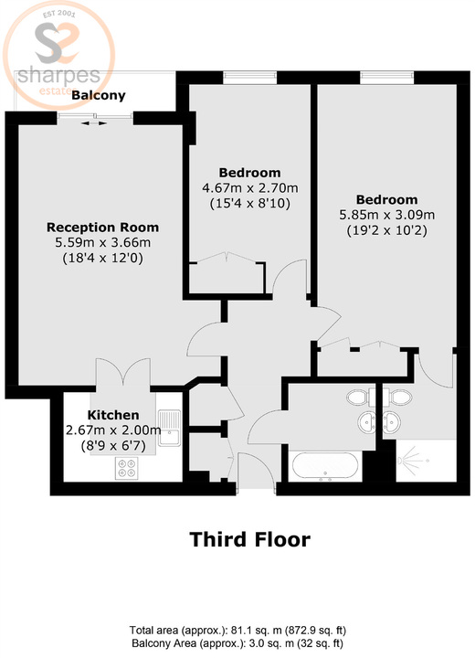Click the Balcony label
pyautogui.click(x=100, y=94)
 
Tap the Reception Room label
pyautogui.click(x=102, y=227)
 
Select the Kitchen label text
pyautogui.click(x=113, y=414)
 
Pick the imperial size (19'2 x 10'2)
pyautogui.click(x=386, y=230)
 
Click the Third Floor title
pyautogui.click(x=249, y=539)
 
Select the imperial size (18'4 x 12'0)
pyautogui.click(x=102, y=259)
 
